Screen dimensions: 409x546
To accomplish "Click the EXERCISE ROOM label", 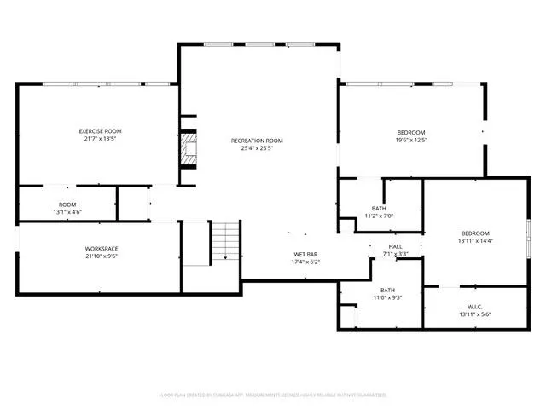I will (x=101, y=131).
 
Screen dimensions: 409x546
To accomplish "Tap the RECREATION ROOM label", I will (x=257, y=141).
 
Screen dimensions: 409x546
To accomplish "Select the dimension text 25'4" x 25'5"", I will (x=257, y=149).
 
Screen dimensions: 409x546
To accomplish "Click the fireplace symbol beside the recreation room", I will (x=188, y=150).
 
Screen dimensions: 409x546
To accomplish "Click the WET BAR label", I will (x=306, y=254).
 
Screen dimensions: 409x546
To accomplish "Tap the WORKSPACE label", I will (x=101, y=248).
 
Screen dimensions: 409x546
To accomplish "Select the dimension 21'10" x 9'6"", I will (x=101, y=256).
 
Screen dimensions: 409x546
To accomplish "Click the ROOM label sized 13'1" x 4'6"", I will (x=67, y=204).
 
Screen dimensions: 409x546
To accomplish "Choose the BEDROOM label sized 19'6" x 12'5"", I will (x=411, y=131).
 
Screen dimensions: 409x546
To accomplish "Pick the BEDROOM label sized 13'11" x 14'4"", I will (x=475, y=233).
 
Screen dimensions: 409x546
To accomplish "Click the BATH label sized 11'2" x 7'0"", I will (x=379, y=208).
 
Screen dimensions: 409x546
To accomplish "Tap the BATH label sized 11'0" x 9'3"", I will (x=387, y=290).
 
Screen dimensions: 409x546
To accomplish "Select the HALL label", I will (x=396, y=246).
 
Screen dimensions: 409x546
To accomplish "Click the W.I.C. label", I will (x=475, y=307).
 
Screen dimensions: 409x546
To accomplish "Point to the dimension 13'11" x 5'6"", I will (x=475, y=314).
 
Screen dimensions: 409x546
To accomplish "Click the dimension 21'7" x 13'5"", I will (x=101, y=140).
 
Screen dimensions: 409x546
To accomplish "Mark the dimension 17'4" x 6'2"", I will (x=306, y=262).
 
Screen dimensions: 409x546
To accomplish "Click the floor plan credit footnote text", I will (x=273, y=395).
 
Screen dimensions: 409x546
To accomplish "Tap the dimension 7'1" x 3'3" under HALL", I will (x=396, y=254).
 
